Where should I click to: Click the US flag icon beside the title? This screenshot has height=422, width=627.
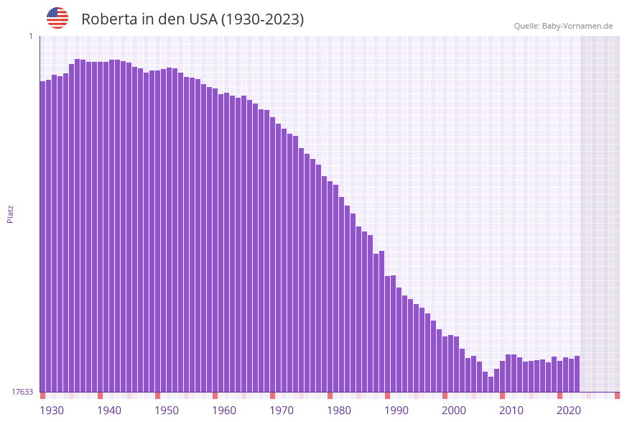(57, 18)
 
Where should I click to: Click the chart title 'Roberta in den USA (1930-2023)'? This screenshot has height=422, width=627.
(192, 19)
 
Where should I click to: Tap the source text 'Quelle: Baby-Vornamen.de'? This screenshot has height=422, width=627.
(563, 26)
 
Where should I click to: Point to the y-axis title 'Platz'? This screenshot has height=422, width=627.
(11, 214)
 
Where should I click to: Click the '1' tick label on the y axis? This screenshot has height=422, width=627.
(31, 36)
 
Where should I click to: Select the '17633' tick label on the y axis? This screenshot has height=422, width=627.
(22, 392)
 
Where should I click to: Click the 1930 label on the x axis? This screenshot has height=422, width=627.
(52, 410)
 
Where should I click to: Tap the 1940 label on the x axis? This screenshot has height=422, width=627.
(109, 410)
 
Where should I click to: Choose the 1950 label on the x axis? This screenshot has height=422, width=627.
(167, 410)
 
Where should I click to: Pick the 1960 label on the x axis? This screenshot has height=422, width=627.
(224, 410)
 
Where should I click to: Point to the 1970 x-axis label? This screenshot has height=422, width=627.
(282, 410)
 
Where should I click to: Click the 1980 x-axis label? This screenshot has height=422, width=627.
(339, 410)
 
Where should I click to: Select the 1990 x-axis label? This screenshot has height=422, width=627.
(396, 410)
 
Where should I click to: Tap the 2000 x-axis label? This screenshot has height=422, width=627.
(454, 410)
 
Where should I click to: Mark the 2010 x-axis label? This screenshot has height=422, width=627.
(511, 410)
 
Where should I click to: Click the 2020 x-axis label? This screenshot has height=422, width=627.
(569, 410)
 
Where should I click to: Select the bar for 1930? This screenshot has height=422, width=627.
(43, 237)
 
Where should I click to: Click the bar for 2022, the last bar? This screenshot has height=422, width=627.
(577, 374)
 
